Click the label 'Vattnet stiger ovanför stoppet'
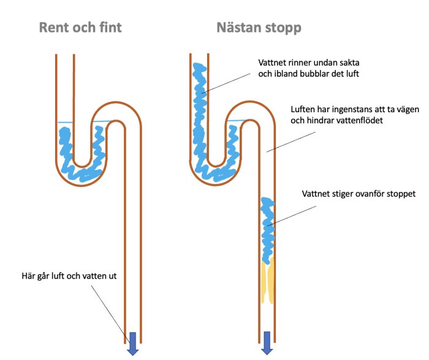point(359,193)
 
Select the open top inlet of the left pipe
point(64,56)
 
